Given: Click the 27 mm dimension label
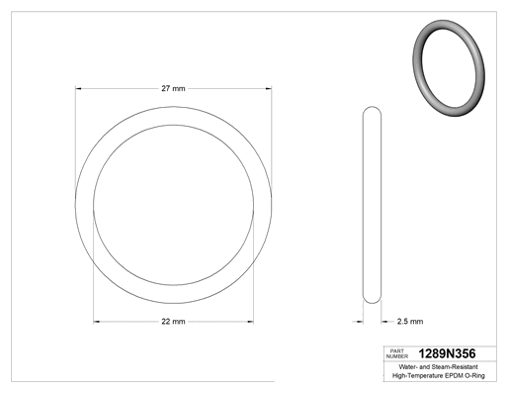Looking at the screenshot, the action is (x=173, y=88).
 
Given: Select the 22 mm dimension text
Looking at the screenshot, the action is (x=173, y=322).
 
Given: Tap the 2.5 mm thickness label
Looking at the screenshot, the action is (x=410, y=322).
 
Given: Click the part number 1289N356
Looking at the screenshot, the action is (x=447, y=353).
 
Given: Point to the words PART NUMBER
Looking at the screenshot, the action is (x=397, y=353).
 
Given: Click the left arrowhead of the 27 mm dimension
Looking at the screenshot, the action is (x=78, y=88).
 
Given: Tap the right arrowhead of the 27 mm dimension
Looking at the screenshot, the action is (x=269, y=88).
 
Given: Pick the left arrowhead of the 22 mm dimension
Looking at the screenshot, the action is (x=97, y=322).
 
